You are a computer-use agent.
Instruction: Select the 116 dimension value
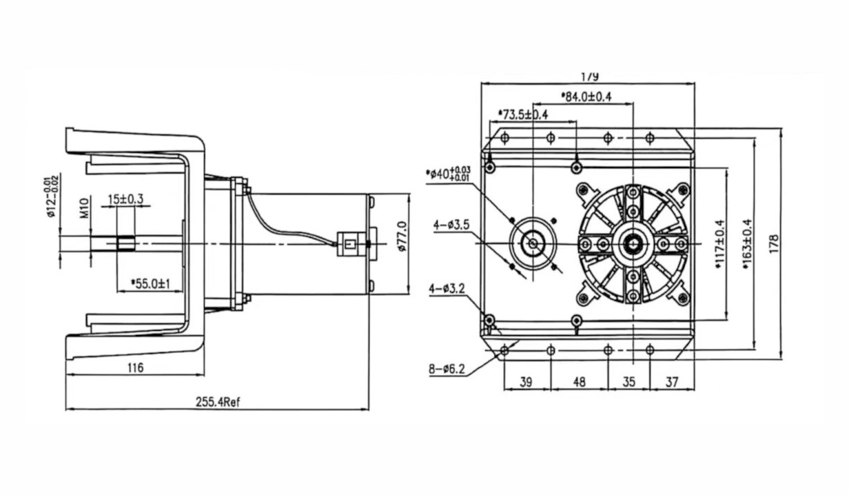click(135, 368)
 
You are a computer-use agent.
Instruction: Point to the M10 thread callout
click(84, 208)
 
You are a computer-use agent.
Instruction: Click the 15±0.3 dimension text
click(125, 199)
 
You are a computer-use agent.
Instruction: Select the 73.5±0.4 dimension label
click(523, 114)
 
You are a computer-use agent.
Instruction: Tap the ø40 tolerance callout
click(448, 173)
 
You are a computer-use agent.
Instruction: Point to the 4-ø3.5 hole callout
click(451, 225)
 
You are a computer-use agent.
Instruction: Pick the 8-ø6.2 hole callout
click(447, 370)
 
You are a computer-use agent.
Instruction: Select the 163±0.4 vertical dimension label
click(747, 243)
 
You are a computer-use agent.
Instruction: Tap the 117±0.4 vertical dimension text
click(719, 244)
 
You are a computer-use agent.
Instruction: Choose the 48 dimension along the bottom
click(579, 381)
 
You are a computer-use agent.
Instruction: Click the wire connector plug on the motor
click(348, 244)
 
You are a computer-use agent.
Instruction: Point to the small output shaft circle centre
click(533, 243)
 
